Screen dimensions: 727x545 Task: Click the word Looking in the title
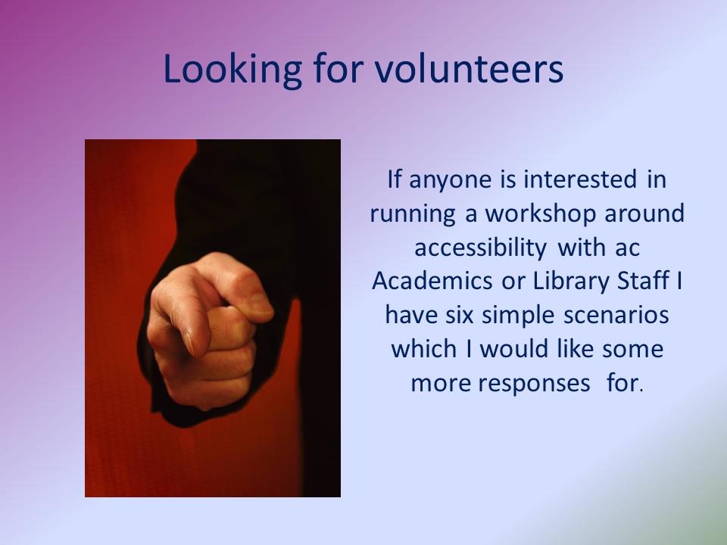(x=232, y=70)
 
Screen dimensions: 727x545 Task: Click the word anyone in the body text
(x=450, y=180)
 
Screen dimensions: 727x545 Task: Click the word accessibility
(x=481, y=248)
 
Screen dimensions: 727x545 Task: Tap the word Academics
(x=432, y=281)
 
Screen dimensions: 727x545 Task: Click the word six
(x=460, y=315)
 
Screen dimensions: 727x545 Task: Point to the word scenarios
(x=616, y=315)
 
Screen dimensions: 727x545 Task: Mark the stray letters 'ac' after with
(x=627, y=248)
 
